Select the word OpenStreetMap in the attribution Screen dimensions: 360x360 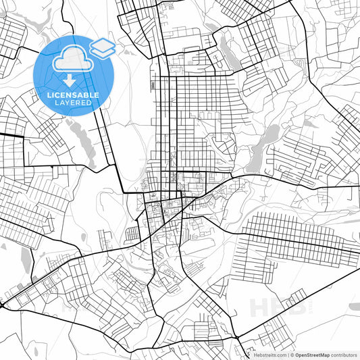coord(317,355)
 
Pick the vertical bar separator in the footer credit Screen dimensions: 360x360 coord(288,355)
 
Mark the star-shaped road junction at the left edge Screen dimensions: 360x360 coord(3,305)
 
